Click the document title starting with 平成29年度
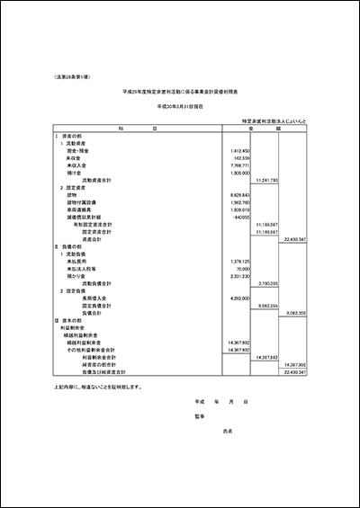[x=180, y=92]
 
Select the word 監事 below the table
[x=200, y=417]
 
